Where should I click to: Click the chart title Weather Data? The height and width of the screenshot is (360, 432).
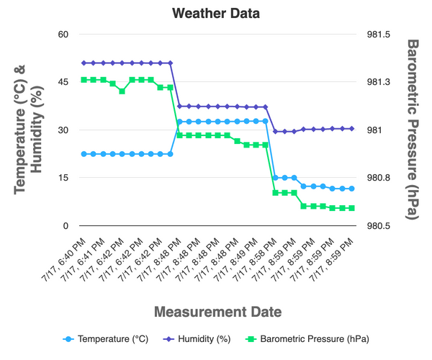pos(216,13)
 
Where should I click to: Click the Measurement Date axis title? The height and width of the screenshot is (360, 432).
pos(216,312)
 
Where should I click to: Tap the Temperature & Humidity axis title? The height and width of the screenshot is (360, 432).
pos(30,130)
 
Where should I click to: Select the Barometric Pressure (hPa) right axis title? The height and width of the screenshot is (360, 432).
pos(413,130)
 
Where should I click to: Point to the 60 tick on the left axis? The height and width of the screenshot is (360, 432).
pos(63,34)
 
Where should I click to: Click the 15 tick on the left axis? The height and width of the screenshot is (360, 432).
pos(63,178)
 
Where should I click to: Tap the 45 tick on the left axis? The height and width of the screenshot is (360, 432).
pos(63,82)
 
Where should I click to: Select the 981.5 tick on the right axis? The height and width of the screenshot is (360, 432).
pos(379,34)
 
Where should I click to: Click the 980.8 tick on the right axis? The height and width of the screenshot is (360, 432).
pos(379,178)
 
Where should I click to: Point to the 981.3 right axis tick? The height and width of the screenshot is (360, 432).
pos(379,82)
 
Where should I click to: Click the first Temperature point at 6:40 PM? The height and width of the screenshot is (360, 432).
pos(84,154)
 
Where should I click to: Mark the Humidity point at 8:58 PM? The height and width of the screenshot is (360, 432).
pos(275,132)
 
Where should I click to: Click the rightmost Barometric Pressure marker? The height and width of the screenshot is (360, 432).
pos(351,208)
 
